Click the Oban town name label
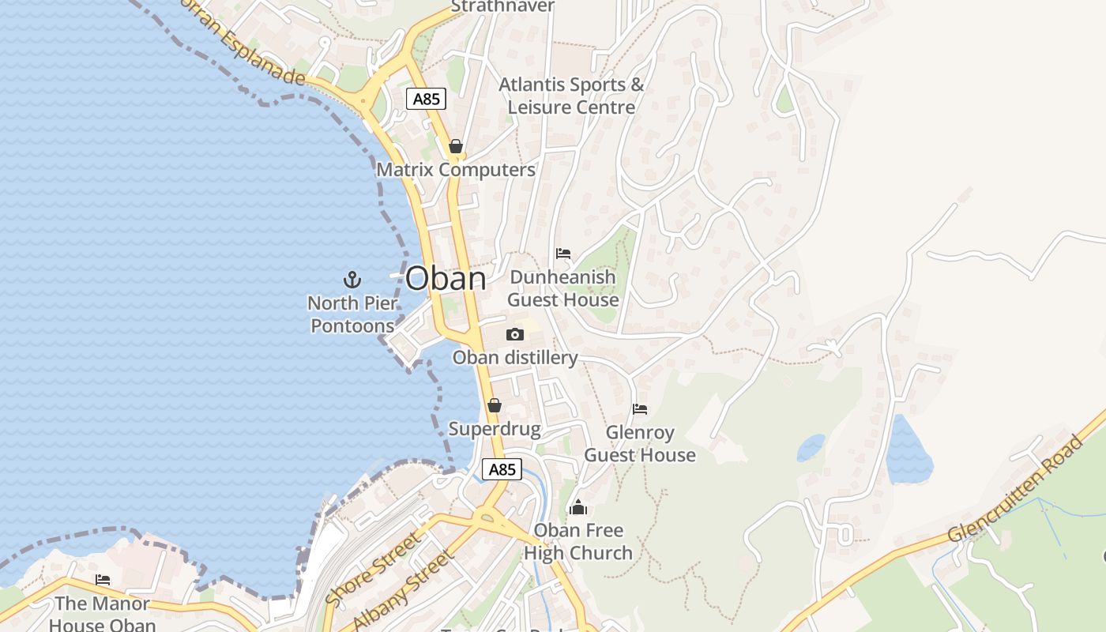click(x=446, y=278)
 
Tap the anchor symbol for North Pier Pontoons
click(x=352, y=279)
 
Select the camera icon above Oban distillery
click(x=515, y=334)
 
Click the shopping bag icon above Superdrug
click(x=495, y=405)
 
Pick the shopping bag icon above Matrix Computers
click(x=456, y=146)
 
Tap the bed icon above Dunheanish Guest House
click(x=563, y=254)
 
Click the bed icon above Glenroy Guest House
click(x=640, y=409)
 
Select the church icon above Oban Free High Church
click(x=578, y=507)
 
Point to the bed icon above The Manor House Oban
click(x=103, y=580)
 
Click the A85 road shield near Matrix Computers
click(x=427, y=99)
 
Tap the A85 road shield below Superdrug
click(x=502, y=469)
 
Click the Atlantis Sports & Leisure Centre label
click(x=571, y=96)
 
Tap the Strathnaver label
click(x=502, y=6)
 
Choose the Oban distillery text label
click(x=515, y=358)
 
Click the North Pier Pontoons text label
click(x=352, y=314)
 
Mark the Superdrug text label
click(x=495, y=429)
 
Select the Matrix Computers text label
click(x=456, y=170)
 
